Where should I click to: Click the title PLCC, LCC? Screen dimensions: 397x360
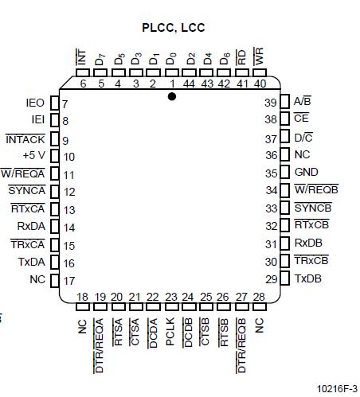[173, 28]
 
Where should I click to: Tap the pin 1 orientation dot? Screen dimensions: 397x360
[172, 95]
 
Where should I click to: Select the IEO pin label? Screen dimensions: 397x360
[35, 103]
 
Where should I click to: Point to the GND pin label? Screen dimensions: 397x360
[306, 172]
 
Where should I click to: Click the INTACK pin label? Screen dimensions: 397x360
[25, 138]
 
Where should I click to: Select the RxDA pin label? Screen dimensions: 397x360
[31, 226]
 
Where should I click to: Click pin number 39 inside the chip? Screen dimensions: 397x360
[271, 103]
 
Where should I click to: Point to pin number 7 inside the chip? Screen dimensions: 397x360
[65, 104]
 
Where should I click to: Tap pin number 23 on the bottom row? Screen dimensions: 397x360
[170, 297]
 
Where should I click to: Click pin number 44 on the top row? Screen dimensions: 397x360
[190, 83]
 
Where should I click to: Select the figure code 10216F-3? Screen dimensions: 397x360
[335, 388]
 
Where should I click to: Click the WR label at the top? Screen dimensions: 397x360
[259, 56]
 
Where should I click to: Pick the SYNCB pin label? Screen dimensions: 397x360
[311, 208]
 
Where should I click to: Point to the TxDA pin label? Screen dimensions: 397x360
[31, 262]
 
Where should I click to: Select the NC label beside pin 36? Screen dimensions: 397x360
[302, 155]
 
